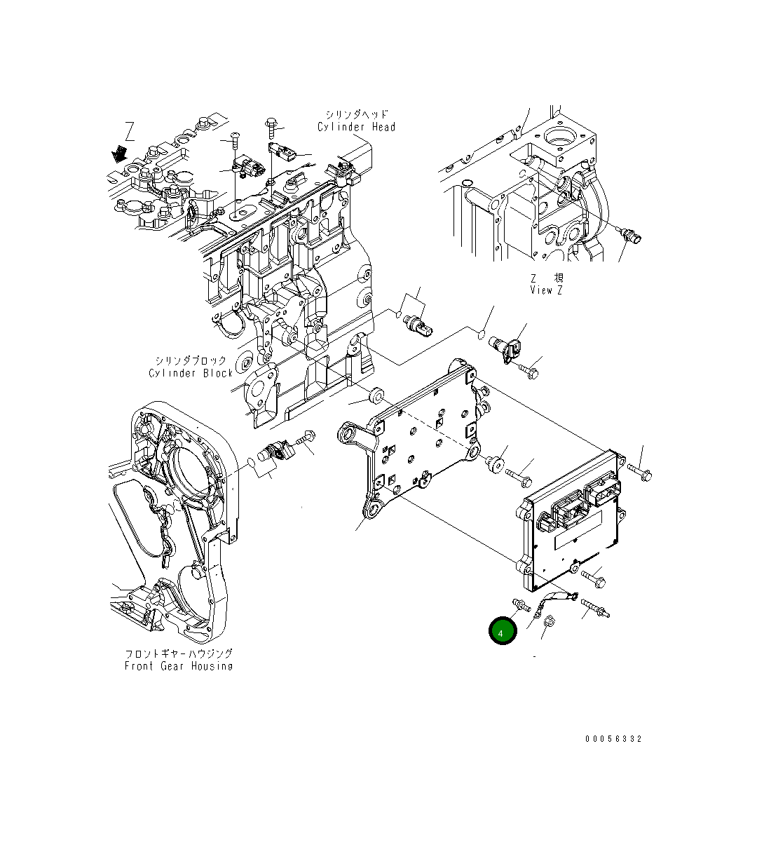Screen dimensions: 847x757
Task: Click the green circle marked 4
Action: (x=503, y=631)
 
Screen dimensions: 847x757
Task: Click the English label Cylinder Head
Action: (x=356, y=127)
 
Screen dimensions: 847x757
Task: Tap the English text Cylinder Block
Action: (x=191, y=373)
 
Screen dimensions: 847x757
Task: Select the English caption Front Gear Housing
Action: (x=179, y=665)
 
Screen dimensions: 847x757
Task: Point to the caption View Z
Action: (x=546, y=290)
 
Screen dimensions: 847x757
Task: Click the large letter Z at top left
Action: (x=130, y=131)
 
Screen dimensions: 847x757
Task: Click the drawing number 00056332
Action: (x=614, y=738)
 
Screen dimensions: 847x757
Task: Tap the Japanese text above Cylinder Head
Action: (x=356, y=114)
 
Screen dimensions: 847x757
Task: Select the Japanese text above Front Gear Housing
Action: (x=179, y=653)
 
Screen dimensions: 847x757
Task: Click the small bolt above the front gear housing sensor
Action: (x=305, y=438)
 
